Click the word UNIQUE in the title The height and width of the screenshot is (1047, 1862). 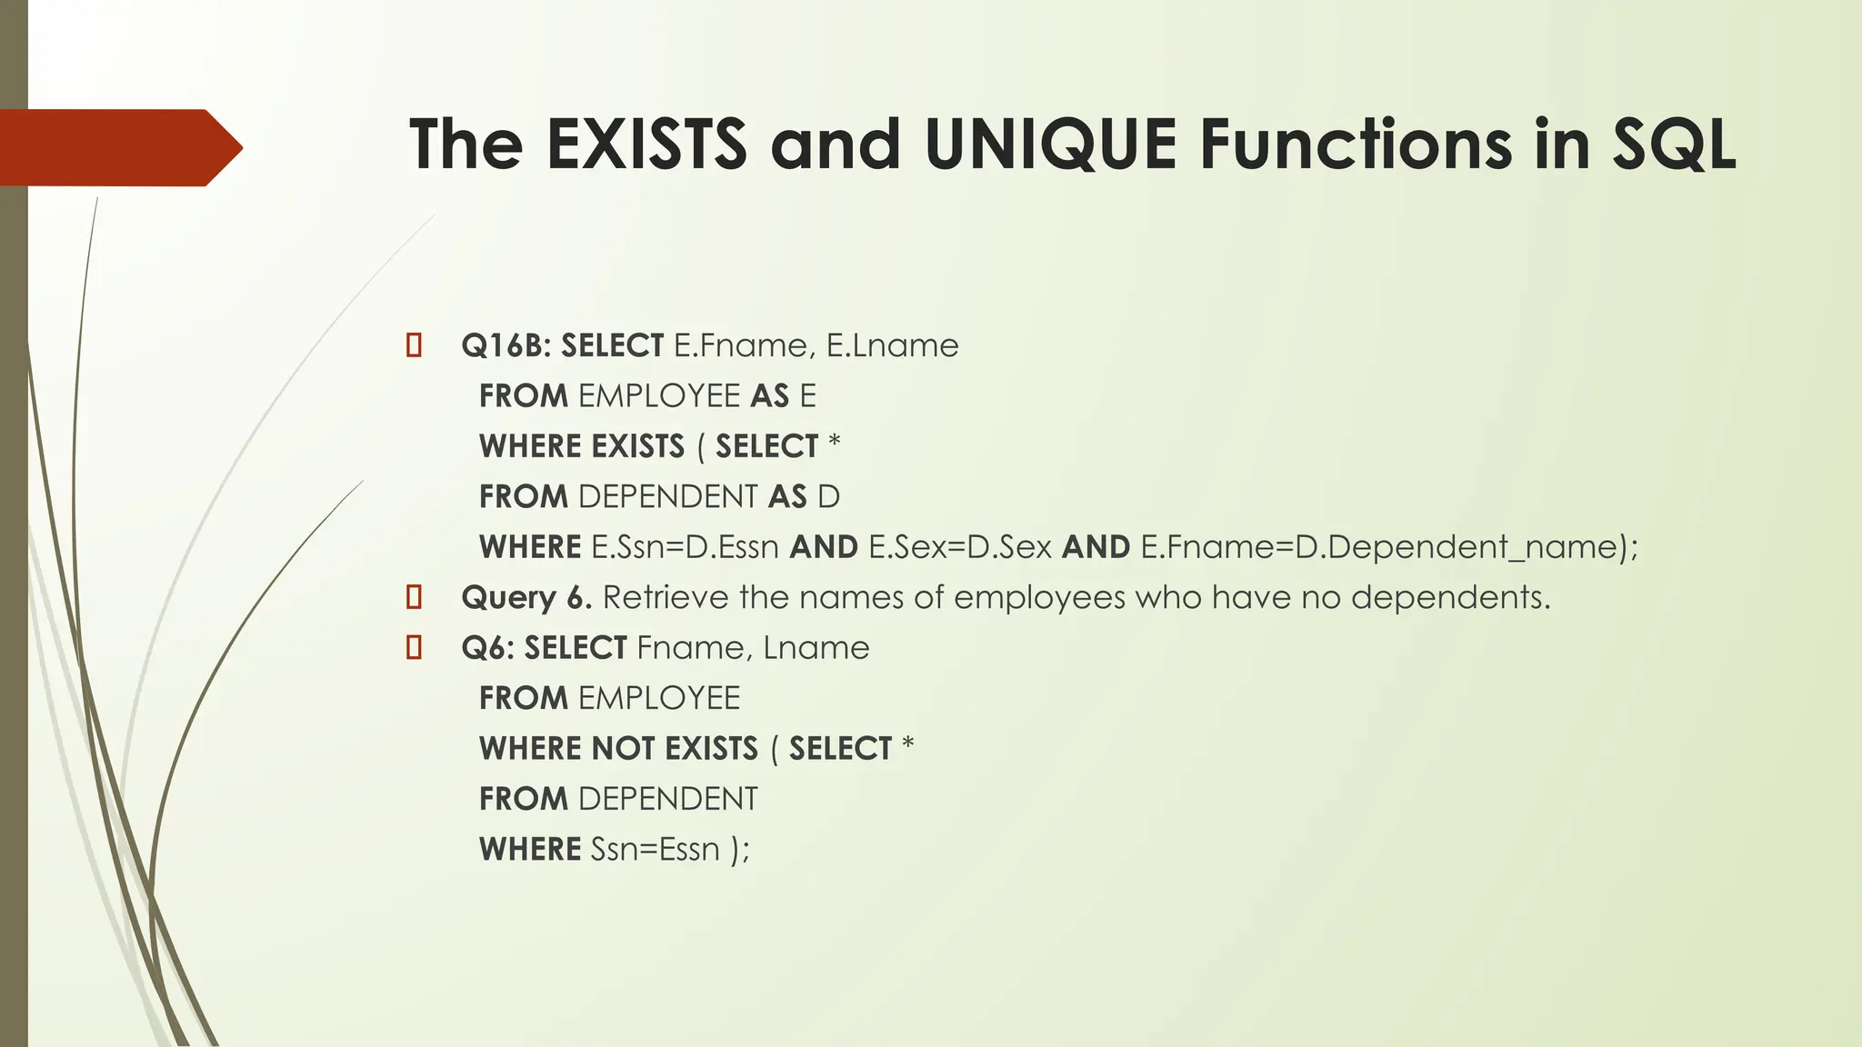pyautogui.click(x=1050, y=145)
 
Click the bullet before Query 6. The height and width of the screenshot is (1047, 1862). pyautogui.click(x=415, y=597)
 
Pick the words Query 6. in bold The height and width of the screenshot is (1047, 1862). pyautogui.click(x=526, y=598)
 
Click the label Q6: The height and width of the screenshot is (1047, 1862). pyautogui.click(x=488, y=648)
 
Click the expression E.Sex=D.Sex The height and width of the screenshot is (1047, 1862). pyautogui.click(x=960, y=547)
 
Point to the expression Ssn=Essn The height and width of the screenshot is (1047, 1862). pyautogui.click(x=655, y=850)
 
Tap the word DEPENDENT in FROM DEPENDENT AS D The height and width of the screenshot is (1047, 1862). pyautogui.click(x=667, y=497)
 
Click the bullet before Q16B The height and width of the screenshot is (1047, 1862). pyautogui.click(x=415, y=346)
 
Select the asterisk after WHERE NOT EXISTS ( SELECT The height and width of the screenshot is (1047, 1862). pyautogui.click(x=907, y=746)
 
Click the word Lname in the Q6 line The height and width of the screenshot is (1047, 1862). pyautogui.click(x=816, y=648)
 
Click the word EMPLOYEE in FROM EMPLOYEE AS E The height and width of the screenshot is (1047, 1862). pyautogui.click(x=659, y=396)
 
